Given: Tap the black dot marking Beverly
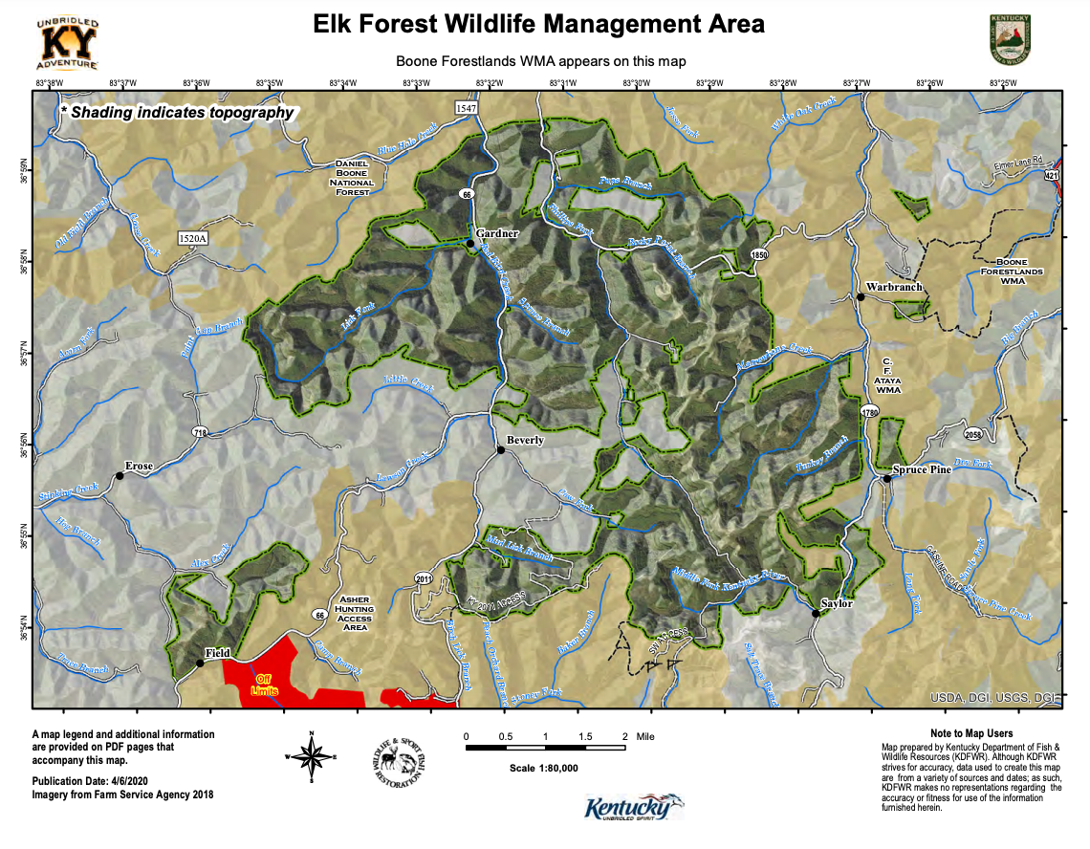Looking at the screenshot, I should point(500,450).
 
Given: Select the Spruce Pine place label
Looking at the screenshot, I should point(922,469).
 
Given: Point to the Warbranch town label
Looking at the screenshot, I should point(894,287).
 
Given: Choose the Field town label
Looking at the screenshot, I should point(217,652).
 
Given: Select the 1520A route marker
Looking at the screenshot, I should point(192,237).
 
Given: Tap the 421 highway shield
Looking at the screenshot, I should point(1053,175).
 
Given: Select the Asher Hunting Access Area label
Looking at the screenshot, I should point(355,614).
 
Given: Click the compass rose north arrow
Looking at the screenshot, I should point(312,754).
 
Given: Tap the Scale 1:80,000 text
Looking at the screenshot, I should point(544,768).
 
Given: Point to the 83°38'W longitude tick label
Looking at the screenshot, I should point(49,84).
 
